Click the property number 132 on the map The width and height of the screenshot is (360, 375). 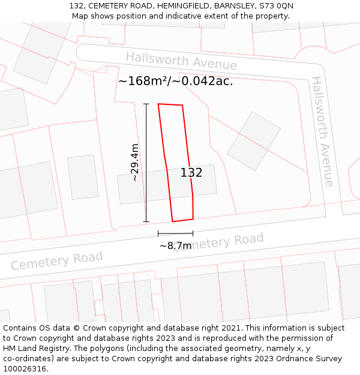pyautogui.click(x=191, y=173)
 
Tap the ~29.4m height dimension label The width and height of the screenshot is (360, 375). pyautogui.click(x=135, y=162)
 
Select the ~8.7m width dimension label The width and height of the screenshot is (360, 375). pyautogui.click(x=175, y=245)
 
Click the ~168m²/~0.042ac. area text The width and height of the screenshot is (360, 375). pyautogui.click(x=175, y=81)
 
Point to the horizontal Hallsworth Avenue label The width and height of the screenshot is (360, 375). pyautogui.click(x=181, y=61)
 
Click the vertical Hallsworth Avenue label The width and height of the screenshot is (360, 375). pyautogui.click(x=322, y=131)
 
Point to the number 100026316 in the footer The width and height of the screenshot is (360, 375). pyautogui.click(x=25, y=369)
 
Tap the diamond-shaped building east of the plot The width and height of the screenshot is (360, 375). pyautogui.click(x=254, y=141)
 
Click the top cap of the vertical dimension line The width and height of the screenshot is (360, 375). pyautogui.click(x=146, y=104)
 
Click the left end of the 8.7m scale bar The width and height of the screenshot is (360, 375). pyautogui.click(x=158, y=233)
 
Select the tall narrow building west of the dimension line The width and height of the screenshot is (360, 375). pyautogui.click(x=82, y=177)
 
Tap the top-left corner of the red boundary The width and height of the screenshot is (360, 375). pyautogui.click(x=158, y=104)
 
